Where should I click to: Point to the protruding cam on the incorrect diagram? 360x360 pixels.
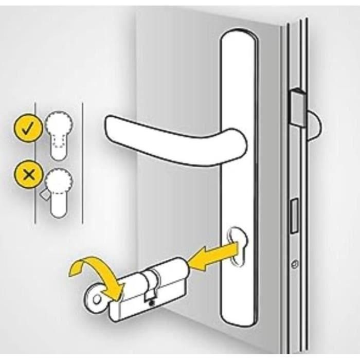[45, 195]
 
